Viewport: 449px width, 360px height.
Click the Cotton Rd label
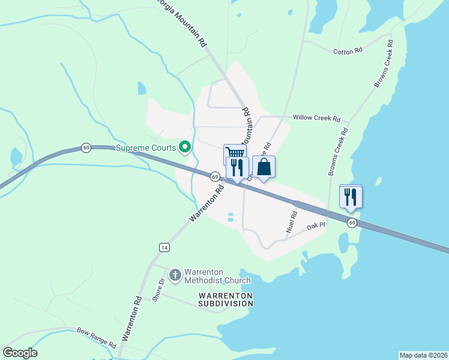pyautogui.click(x=348, y=51)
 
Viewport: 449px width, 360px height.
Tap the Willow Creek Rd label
pyautogui.click(x=316, y=118)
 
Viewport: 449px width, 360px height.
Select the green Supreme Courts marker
pyautogui.click(x=185, y=147)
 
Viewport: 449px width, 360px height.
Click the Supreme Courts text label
pyautogui.click(x=146, y=148)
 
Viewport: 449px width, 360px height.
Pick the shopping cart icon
pyautogui.click(x=234, y=154)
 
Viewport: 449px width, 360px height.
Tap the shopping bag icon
pyautogui.click(x=264, y=167)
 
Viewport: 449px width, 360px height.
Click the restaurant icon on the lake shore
pyautogui.click(x=351, y=196)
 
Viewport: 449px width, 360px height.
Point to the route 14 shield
pyautogui.click(x=164, y=247)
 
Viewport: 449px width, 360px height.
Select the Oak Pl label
pyautogui.click(x=315, y=227)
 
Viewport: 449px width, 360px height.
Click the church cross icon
pyautogui.click(x=175, y=275)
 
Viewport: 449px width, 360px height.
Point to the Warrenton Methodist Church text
pyautogui.click(x=217, y=276)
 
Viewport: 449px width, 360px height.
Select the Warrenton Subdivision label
pyautogui.click(x=226, y=299)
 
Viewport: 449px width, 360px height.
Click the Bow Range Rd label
pyautogui.click(x=96, y=338)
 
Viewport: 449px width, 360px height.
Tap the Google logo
pyautogui.click(x=20, y=353)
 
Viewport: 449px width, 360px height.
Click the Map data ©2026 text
pyautogui.click(x=423, y=355)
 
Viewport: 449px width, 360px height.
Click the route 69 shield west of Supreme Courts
pyautogui.click(x=86, y=148)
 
